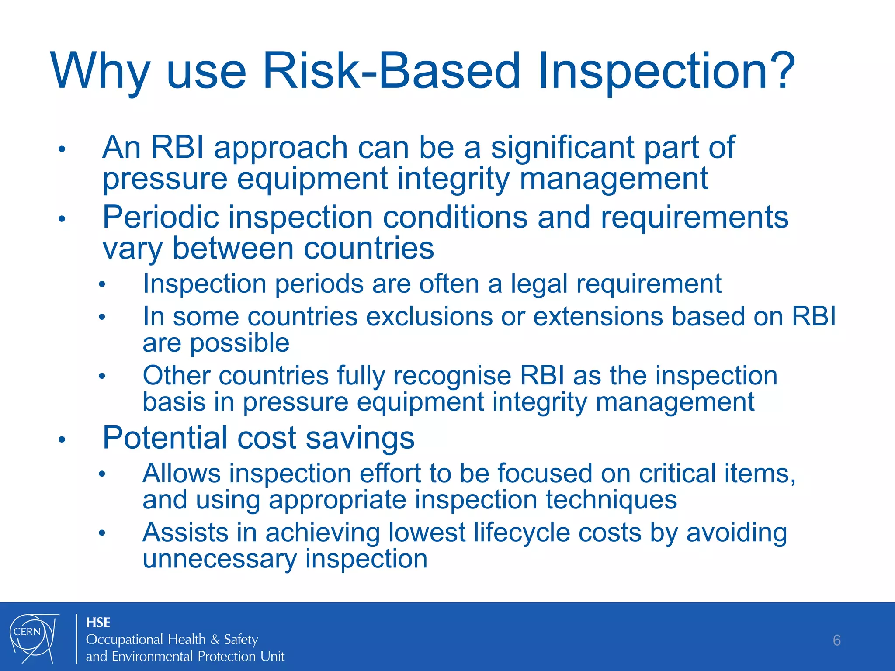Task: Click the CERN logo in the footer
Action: tap(33, 638)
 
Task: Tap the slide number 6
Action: tap(836, 640)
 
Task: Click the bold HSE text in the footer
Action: tap(98, 622)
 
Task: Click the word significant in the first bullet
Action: tap(562, 147)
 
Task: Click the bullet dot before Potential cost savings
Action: tap(62, 439)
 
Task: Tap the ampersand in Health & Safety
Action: tap(215, 640)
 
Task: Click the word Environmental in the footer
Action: tap(153, 656)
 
